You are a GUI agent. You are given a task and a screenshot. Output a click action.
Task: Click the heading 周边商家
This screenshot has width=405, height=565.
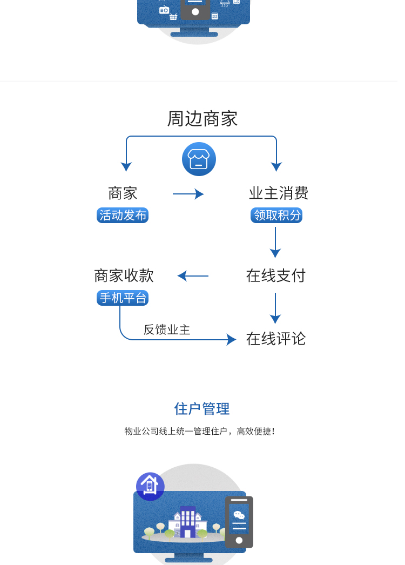pyautogui.click(x=202, y=119)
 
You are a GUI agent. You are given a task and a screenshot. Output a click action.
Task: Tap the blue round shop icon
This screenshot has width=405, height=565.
pyautogui.click(x=199, y=159)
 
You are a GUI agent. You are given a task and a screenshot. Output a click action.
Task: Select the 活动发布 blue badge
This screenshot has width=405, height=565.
pyautogui.click(x=123, y=215)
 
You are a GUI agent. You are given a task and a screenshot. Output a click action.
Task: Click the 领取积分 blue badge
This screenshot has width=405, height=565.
pyautogui.click(x=276, y=215)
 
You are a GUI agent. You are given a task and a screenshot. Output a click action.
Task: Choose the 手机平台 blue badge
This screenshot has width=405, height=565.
pyautogui.click(x=123, y=298)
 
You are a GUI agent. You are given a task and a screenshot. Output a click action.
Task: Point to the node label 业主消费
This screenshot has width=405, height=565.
pyautogui.click(x=279, y=193)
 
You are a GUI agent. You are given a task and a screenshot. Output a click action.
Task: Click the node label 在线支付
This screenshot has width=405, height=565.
pyautogui.click(x=276, y=275)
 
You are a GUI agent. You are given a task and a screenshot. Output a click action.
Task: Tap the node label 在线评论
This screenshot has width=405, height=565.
pyautogui.click(x=276, y=339)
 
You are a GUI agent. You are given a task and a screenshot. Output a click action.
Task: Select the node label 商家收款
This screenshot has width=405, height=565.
pyautogui.click(x=124, y=275)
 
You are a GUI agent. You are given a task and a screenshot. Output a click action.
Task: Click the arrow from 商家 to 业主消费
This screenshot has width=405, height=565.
pyautogui.click(x=188, y=194)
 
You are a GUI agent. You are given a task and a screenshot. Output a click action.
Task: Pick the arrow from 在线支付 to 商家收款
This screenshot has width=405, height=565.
pyautogui.click(x=193, y=276)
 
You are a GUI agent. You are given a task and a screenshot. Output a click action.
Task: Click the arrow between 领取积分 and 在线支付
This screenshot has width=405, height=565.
pyautogui.click(x=275, y=242)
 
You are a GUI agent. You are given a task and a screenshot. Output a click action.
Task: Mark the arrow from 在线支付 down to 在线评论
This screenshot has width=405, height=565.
pyautogui.click(x=275, y=308)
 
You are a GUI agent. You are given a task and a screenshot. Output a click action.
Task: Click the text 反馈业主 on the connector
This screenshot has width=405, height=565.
pyautogui.click(x=167, y=329)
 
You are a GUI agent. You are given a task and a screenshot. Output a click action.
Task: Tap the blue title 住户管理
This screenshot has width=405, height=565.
pyautogui.click(x=202, y=409)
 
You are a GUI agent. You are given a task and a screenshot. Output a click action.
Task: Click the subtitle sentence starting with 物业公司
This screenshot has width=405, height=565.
pyautogui.click(x=200, y=431)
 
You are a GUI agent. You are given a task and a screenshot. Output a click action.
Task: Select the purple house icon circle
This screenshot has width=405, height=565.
pyautogui.click(x=150, y=486)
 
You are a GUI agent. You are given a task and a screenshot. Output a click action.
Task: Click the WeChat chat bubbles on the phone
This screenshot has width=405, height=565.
pyautogui.click(x=239, y=515)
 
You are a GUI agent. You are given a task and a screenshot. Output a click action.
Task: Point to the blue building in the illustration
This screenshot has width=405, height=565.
pyautogui.click(x=187, y=521)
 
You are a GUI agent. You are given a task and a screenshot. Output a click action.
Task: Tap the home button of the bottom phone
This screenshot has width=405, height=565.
pyautogui.click(x=239, y=540)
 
